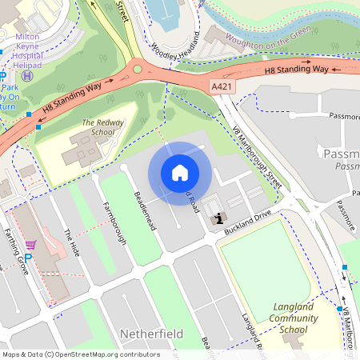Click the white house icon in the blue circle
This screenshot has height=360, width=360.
(x=180, y=172)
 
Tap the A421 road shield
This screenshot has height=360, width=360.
(x=223, y=85)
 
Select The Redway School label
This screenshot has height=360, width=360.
(x=99, y=127)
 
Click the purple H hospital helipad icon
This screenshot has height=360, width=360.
(x=27, y=75)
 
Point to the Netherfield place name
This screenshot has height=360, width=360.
(x=151, y=333)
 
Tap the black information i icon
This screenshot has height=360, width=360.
(x=217, y=218)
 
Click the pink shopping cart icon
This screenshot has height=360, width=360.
(x=30, y=245)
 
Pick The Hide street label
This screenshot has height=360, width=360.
(x=73, y=243)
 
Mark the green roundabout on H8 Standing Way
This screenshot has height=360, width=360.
(x=137, y=68)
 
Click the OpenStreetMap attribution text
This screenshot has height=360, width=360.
(x=80, y=354)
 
